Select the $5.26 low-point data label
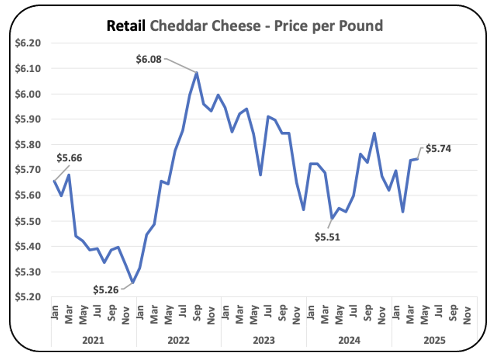tap(106, 289)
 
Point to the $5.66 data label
tap(69, 158)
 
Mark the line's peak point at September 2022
tap(197, 72)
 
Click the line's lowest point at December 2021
tap(133, 282)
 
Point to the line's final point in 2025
tap(418, 159)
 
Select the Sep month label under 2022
tap(197, 311)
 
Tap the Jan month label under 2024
tap(310, 311)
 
